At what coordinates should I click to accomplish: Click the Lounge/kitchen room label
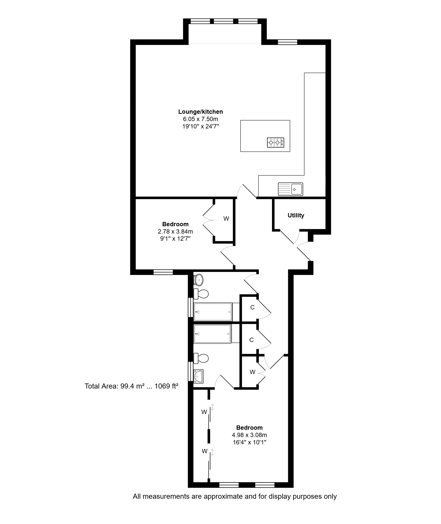pos(200,112)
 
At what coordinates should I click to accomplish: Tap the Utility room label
pos(296,215)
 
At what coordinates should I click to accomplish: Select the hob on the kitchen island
pos(276,143)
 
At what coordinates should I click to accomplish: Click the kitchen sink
pos(290,189)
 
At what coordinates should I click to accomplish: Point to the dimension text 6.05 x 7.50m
pos(200,119)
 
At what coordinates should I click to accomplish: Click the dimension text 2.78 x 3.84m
pos(175,231)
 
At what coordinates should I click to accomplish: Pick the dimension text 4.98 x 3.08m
pos(249,435)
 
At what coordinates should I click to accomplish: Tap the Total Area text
pos(131,386)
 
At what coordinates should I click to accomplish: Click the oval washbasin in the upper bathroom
pos(199,280)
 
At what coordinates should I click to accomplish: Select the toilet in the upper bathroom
pos(201,294)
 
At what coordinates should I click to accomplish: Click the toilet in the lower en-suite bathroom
pos(201,358)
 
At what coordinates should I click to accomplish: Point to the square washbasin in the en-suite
pos(198,377)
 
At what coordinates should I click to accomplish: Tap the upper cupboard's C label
pos(252,307)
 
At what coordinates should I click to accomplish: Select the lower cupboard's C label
pos(251,340)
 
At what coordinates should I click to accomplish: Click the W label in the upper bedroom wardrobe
pos(226,219)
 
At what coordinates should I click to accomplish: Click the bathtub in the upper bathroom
pos(213,312)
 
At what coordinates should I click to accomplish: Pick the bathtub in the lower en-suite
pos(212,334)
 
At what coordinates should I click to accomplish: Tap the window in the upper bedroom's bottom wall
pos(163,272)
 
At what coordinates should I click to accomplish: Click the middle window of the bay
pos(224,21)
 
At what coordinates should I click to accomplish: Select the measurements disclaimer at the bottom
pos(235,496)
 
